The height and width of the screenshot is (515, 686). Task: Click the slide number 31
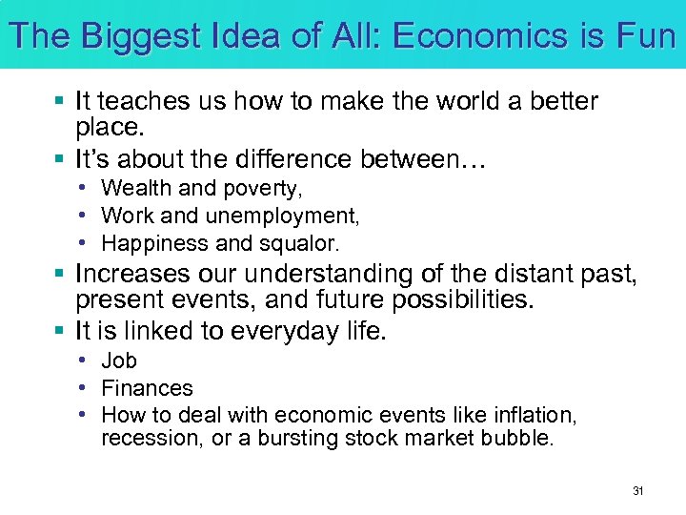point(638,491)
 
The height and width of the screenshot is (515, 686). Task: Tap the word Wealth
point(133,189)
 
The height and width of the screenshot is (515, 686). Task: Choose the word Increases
point(133,275)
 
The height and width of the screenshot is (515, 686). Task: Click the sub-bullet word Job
point(119,361)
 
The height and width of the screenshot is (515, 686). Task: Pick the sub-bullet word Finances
point(147,388)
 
